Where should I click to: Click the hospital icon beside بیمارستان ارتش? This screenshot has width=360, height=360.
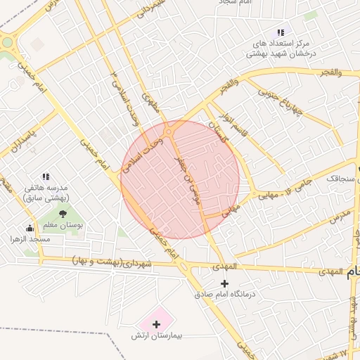click(x=156, y=324)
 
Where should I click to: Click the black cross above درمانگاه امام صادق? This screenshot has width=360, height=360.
click(x=224, y=283)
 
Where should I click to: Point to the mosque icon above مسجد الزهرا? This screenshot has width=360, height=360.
click(x=30, y=228)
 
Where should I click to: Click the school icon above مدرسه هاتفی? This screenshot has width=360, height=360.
click(x=46, y=176)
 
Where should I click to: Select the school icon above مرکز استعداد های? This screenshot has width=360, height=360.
click(x=281, y=32)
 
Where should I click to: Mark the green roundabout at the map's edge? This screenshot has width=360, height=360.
click(x=7, y=42)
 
